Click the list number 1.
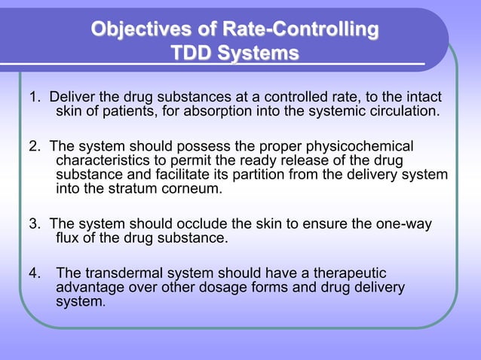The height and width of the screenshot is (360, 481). pyautogui.click(x=34, y=98)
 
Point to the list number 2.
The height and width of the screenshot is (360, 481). pyautogui.click(x=34, y=145)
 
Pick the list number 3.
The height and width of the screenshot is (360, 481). pyautogui.click(x=34, y=224)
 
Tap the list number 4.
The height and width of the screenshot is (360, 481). pyautogui.click(x=34, y=273)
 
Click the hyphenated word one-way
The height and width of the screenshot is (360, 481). pyautogui.click(x=415, y=224)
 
